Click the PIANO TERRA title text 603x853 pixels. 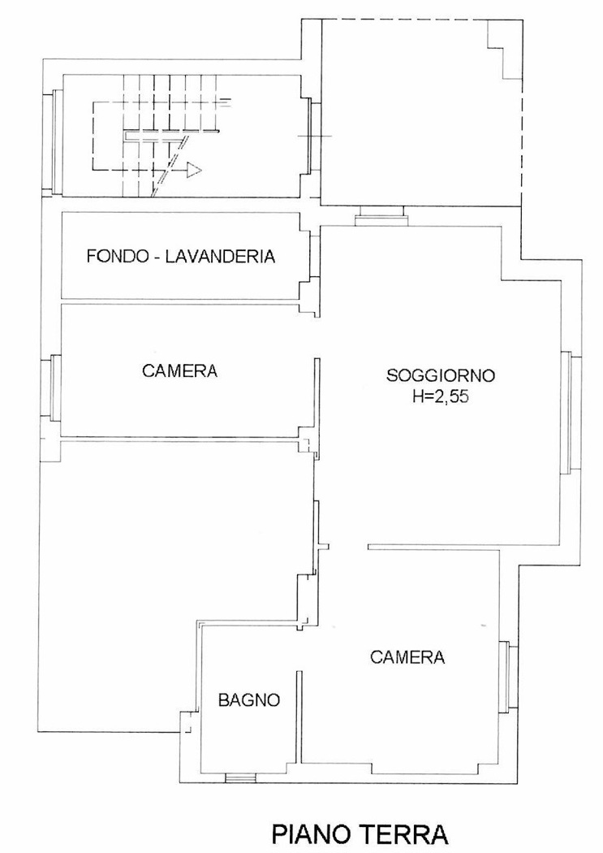coord(360,834)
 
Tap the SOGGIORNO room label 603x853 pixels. coord(441,375)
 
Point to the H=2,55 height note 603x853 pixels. coord(441,397)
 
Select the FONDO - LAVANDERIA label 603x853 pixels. coord(181,256)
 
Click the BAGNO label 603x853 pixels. coord(249,699)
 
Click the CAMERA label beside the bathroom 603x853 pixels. coord(407,657)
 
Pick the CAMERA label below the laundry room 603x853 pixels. coord(180,371)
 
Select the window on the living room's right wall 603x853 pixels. coord(571,412)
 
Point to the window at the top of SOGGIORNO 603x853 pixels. coord(381,217)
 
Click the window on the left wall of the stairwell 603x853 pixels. coord(53,141)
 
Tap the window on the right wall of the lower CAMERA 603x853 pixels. coord(507,677)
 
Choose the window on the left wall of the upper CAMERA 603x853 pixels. coord(52,388)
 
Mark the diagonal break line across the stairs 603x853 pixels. coord(171,166)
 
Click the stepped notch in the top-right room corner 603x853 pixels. coord(505,50)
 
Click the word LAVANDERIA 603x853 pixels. coord(220,256)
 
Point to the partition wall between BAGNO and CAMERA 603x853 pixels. coord(298,717)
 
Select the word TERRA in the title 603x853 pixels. coord(404,834)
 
